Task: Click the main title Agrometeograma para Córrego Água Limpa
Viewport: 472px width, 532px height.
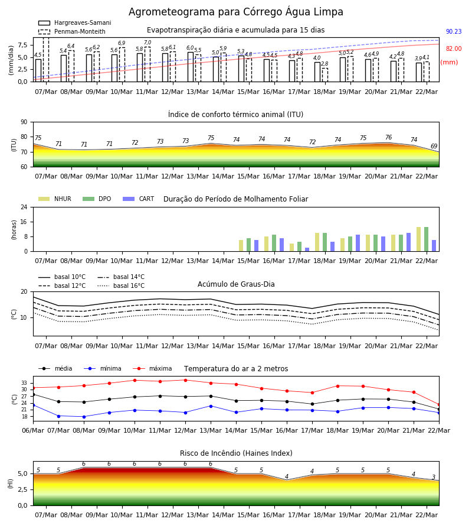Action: [x=235, y=12]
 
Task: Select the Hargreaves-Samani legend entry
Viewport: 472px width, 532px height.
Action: [x=75, y=22]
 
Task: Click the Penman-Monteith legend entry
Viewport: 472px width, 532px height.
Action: [x=72, y=31]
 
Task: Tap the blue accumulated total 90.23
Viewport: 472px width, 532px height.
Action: [x=454, y=31]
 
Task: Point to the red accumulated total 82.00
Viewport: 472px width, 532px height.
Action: [x=454, y=48]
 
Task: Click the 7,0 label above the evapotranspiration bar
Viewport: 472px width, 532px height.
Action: [x=147, y=43]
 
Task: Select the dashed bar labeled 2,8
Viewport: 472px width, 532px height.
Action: [x=324, y=75]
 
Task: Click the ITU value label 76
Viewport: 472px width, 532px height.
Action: [x=388, y=137]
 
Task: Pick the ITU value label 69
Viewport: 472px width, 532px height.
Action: [x=434, y=146]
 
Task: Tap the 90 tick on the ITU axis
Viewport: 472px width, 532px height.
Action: [x=24, y=122]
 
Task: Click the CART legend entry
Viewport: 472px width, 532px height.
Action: [x=139, y=199]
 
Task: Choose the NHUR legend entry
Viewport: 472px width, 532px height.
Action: [x=55, y=199]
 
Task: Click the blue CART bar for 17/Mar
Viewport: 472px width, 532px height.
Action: [x=307, y=249]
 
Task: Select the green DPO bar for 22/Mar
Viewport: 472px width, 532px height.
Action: [x=427, y=239]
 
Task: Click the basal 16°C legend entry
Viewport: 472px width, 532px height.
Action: [x=121, y=286]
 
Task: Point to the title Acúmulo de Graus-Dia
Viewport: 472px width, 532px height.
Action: [x=236, y=284]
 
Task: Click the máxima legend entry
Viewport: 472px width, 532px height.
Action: [x=152, y=368]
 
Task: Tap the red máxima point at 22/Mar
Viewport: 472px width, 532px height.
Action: [x=439, y=405]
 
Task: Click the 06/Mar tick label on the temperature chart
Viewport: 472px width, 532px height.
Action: [x=33, y=430]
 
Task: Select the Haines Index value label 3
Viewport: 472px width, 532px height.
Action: [x=434, y=477]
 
